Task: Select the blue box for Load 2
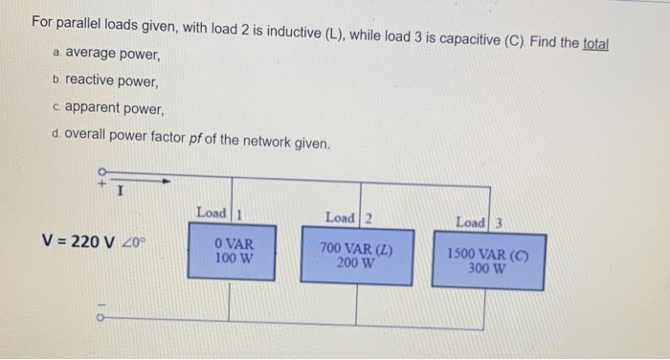coord(357,255)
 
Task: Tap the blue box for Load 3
coord(488,261)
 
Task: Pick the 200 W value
coord(355,263)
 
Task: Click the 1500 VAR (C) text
coord(489,256)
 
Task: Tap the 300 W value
coord(488,269)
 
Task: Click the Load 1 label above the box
coord(216,212)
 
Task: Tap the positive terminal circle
coord(100,172)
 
